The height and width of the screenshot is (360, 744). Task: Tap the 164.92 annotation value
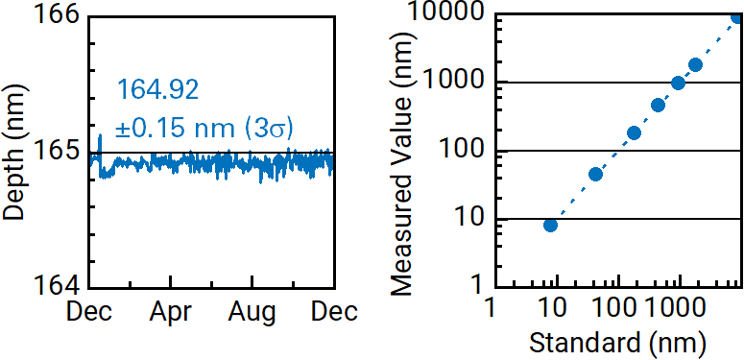pyautogui.click(x=157, y=90)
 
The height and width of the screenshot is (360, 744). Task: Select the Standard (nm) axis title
pyautogui.click(x=616, y=341)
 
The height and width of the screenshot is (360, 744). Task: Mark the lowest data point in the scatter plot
pyautogui.click(x=550, y=225)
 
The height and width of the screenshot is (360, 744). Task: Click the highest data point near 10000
pyautogui.click(x=737, y=16)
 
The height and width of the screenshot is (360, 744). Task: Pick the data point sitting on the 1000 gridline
pyautogui.click(x=678, y=83)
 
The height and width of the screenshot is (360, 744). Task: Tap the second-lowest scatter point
pyautogui.click(x=595, y=174)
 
